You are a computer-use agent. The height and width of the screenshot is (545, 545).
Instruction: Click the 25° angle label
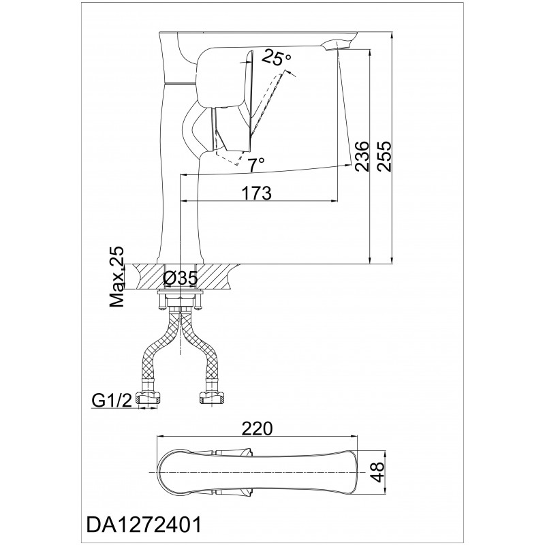tap(277, 57)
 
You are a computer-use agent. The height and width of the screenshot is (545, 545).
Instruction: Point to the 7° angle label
tap(257, 164)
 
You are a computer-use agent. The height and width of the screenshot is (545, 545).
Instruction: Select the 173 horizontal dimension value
tap(257, 193)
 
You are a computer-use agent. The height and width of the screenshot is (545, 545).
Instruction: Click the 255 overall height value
tap(384, 155)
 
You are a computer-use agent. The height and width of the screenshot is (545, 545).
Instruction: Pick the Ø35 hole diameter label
tap(181, 278)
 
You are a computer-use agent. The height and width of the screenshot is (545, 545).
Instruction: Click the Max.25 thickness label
tap(116, 277)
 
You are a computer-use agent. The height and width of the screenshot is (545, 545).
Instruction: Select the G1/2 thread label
tap(112, 401)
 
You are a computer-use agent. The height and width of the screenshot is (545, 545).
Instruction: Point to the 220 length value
tap(258, 429)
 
